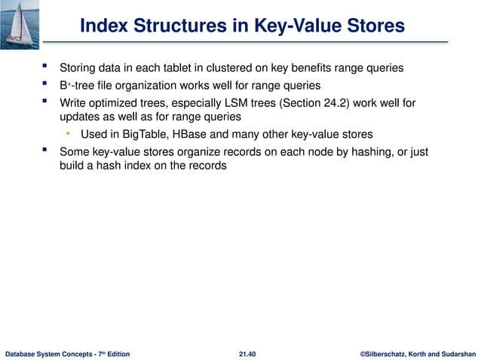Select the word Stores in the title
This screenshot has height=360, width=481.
372,26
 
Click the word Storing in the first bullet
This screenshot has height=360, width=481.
78,69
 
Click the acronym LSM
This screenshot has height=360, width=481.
234,102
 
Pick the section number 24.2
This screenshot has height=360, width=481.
337,102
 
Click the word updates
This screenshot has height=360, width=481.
79,117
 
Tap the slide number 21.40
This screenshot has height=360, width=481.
246,353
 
